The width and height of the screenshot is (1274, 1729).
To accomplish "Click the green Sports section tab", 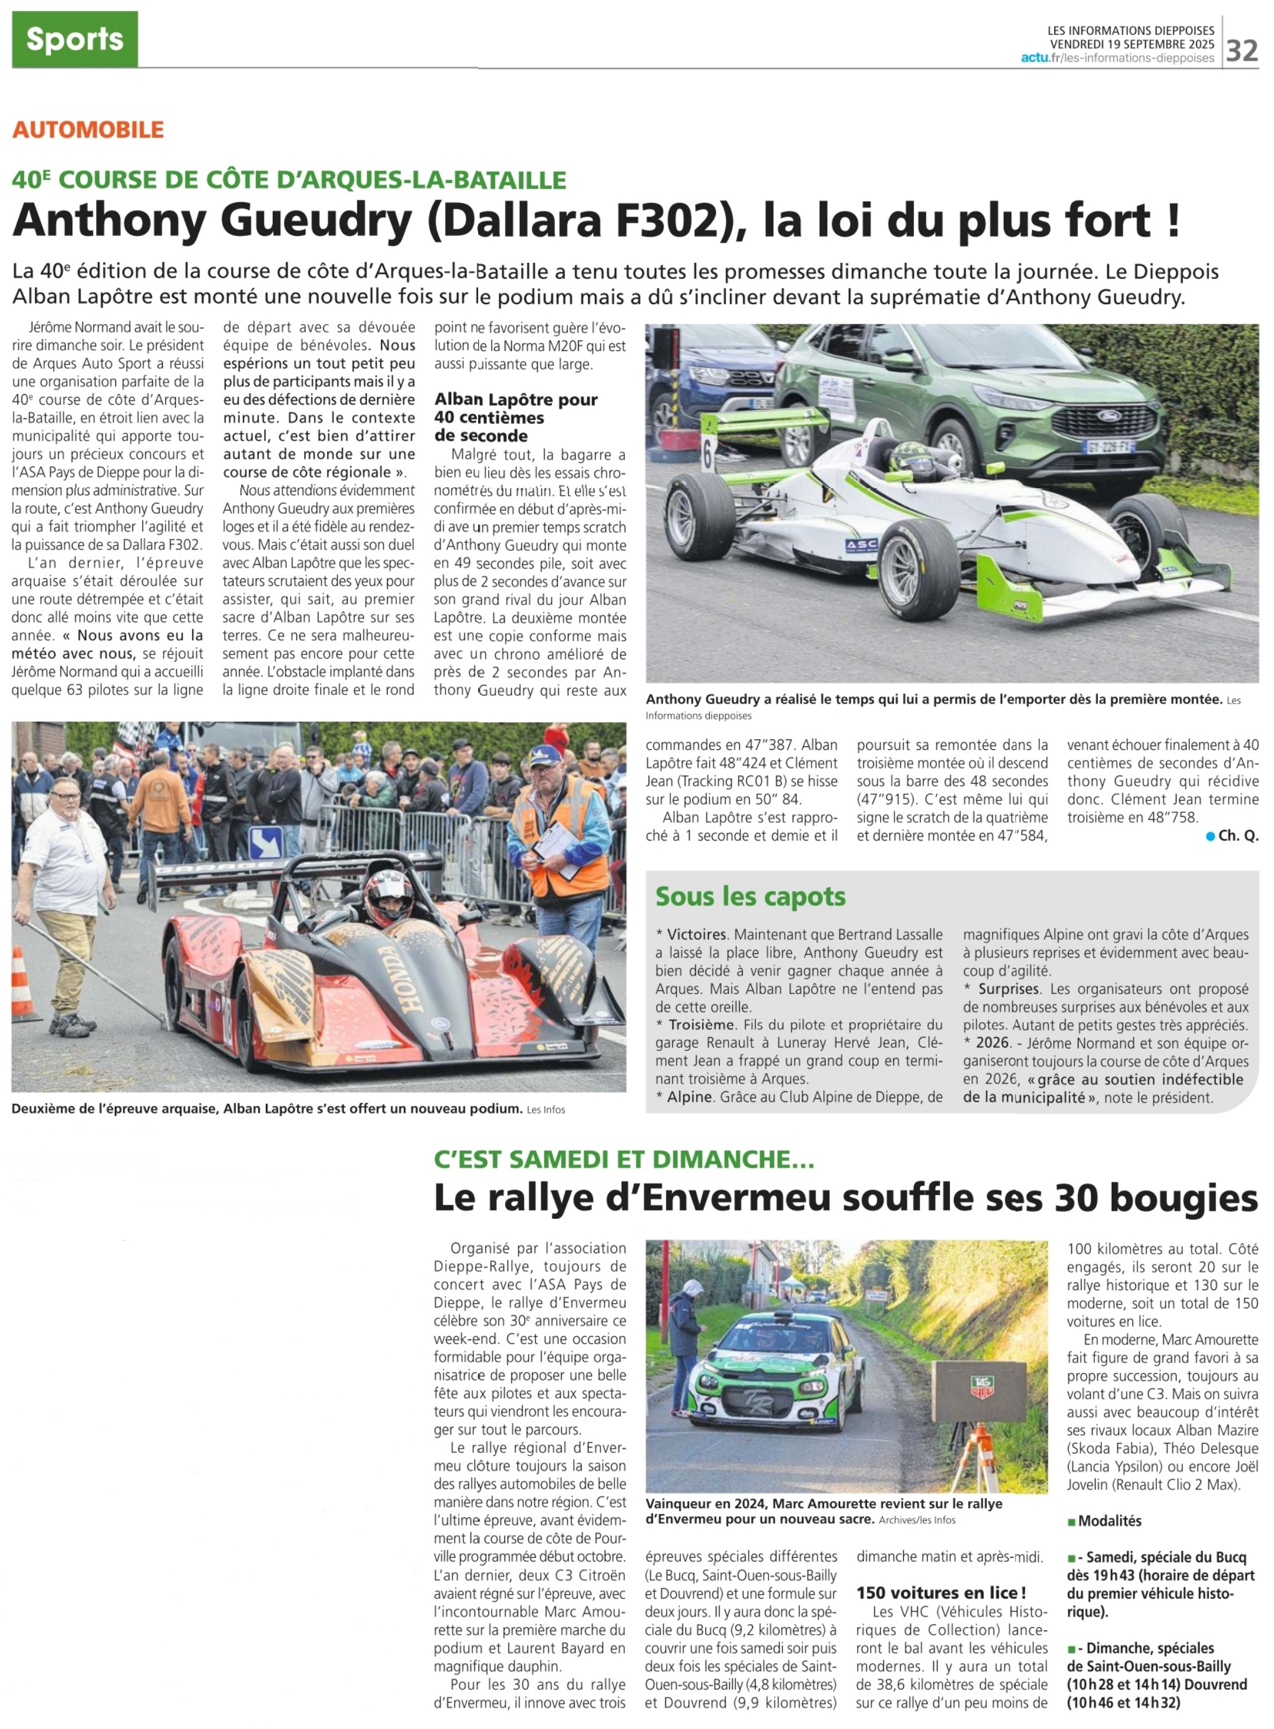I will click(75, 39).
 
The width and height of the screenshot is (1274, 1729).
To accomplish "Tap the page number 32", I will click(1242, 51).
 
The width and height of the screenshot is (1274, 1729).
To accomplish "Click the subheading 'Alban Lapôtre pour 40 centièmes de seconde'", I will click(515, 417).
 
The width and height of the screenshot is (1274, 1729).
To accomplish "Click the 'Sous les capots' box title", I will click(750, 897).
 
